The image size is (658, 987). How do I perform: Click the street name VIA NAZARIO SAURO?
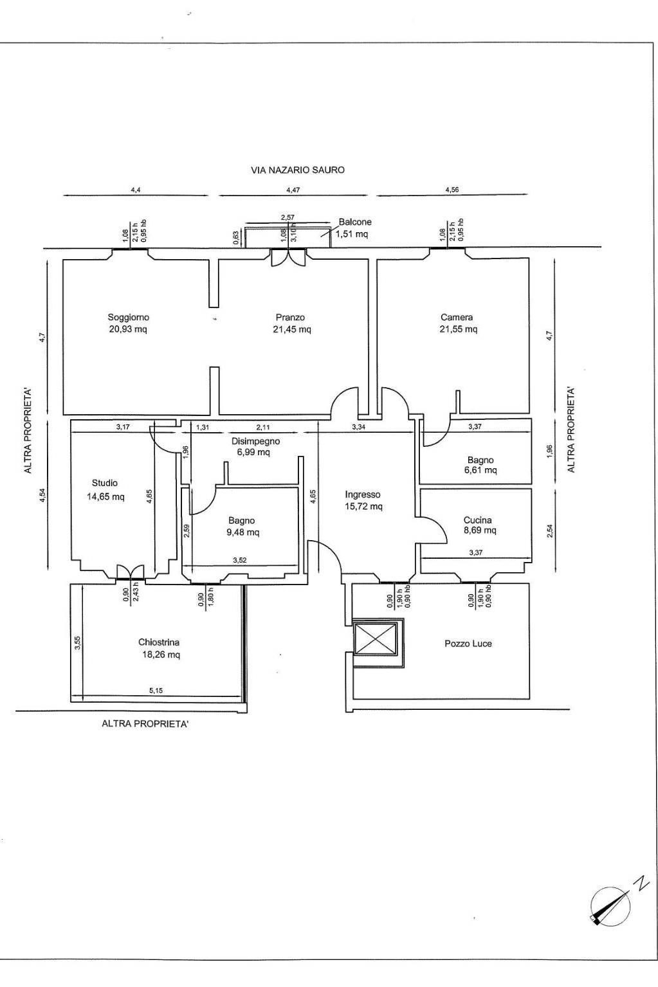[x=298, y=170]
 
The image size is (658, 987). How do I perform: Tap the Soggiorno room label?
[x=128, y=317]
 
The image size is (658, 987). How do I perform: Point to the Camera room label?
[x=457, y=317]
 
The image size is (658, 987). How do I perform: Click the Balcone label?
[x=355, y=222]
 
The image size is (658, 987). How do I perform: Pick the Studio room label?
[x=105, y=483]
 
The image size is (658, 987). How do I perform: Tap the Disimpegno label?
[x=255, y=441]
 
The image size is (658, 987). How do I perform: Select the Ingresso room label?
[x=363, y=495]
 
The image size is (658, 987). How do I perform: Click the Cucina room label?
[x=478, y=520]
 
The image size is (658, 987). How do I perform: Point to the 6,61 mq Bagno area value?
[x=480, y=470]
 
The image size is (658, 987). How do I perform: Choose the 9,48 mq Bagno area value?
[x=243, y=532]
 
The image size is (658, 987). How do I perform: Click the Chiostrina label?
[x=159, y=642]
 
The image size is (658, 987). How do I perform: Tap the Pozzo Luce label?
[x=468, y=644]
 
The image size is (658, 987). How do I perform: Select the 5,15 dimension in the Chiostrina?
[x=156, y=691]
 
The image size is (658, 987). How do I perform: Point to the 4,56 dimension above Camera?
[x=452, y=190]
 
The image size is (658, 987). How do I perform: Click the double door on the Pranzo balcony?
[x=288, y=258]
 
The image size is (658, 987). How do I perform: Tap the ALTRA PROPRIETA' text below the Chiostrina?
[x=145, y=723]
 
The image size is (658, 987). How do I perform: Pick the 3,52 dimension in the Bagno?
[x=240, y=561]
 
